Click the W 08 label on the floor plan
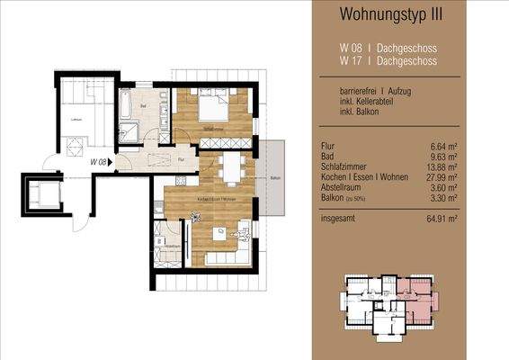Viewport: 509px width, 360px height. pos(98,163)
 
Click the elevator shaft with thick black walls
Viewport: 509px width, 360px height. pos(42,195)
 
